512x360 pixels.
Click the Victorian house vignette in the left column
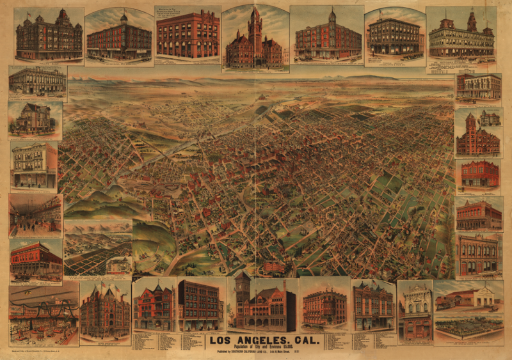tap(35, 120)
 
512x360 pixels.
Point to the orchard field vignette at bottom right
tap(469, 326)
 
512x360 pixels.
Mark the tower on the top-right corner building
tap(472, 22)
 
